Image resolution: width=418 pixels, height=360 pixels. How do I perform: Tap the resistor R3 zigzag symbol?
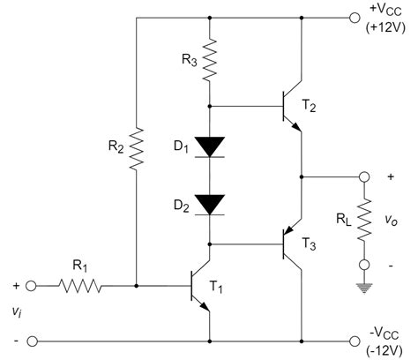pos(210,59)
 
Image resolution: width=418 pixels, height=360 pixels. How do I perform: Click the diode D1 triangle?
pos(210,146)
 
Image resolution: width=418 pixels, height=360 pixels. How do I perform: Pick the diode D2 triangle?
pos(210,205)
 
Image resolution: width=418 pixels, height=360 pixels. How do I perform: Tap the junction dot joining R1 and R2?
pos(137,286)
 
